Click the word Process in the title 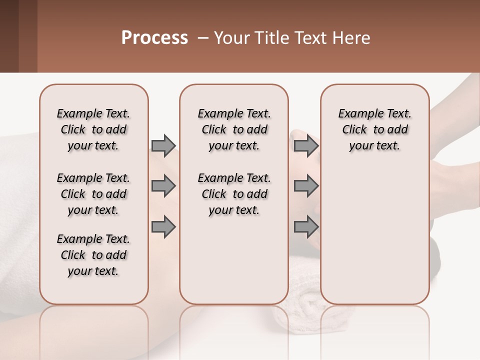click(x=154, y=38)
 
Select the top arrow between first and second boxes click(x=163, y=145)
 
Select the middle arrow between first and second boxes click(x=163, y=186)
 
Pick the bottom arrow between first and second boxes click(x=163, y=226)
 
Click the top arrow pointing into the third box click(x=306, y=145)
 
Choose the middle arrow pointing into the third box click(x=306, y=186)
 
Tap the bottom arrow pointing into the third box click(x=306, y=226)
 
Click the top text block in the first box click(x=93, y=129)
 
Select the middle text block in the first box click(x=93, y=194)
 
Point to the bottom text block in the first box click(x=93, y=255)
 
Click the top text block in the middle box click(x=234, y=129)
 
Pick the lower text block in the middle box click(x=234, y=194)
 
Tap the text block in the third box click(x=374, y=129)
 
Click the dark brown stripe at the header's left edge click(x=9, y=36)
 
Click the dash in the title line click(x=203, y=38)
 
